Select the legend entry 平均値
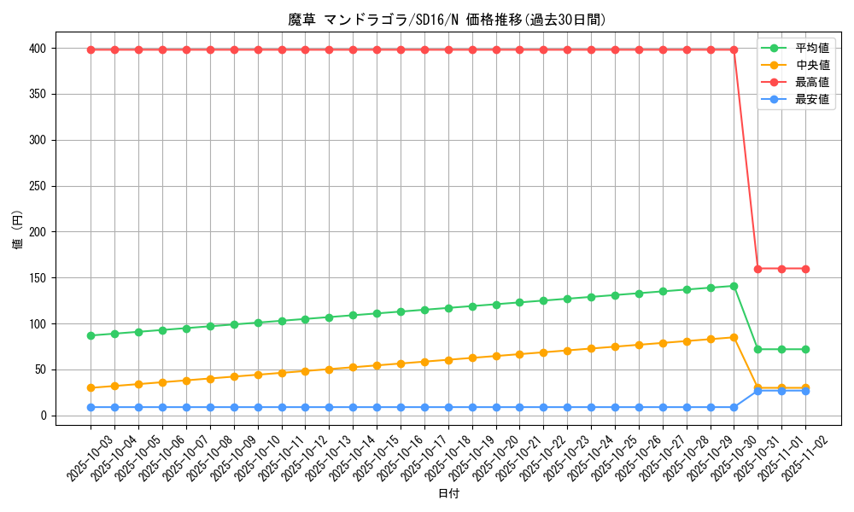811,49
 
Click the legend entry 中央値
811,66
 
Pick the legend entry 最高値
811,83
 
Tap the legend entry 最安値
811,100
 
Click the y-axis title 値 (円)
17,232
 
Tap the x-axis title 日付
447,494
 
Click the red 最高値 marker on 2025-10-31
757,269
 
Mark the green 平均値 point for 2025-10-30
734,286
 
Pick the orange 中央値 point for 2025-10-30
734,337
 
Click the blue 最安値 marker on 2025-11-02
805,391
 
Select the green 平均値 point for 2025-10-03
91,335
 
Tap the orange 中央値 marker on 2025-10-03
91,387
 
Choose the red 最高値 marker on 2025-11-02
805,269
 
